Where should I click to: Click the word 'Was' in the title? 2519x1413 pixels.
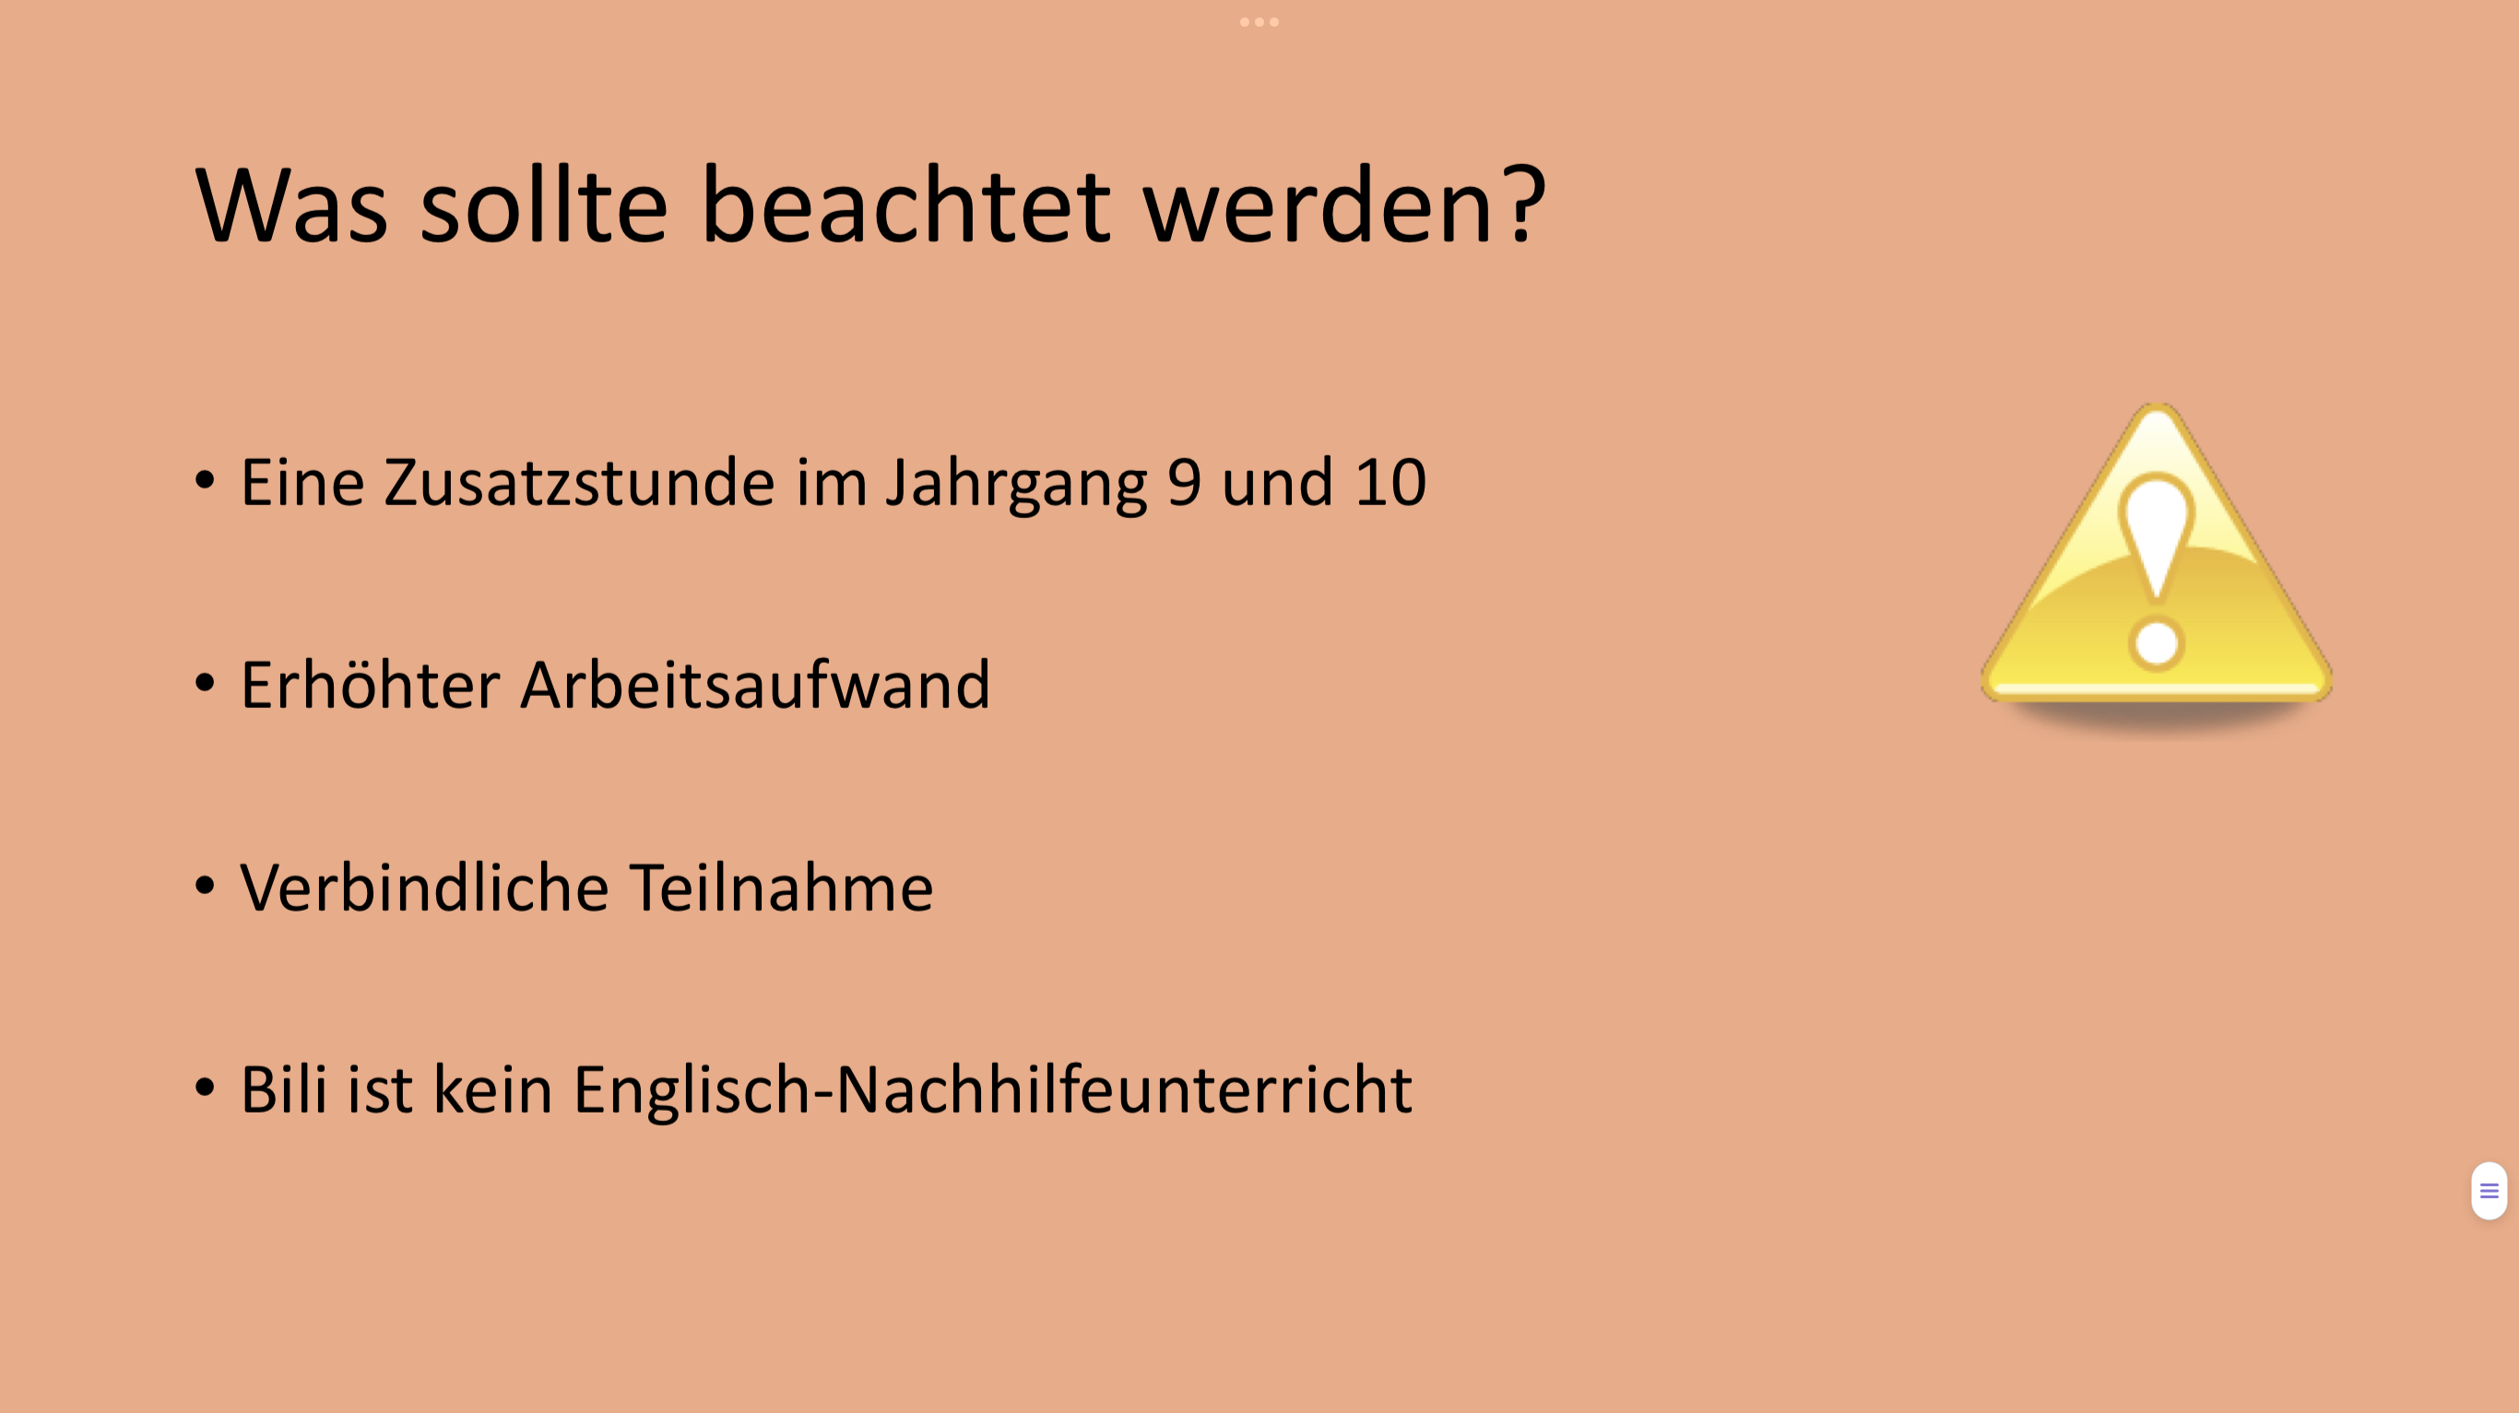(x=291, y=206)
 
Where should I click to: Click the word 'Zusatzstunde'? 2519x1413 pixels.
(x=580, y=482)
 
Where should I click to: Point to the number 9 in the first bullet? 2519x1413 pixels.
(x=1184, y=482)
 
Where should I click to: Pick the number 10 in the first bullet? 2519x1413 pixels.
(x=1390, y=482)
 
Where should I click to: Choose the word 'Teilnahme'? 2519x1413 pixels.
(x=781, y=886)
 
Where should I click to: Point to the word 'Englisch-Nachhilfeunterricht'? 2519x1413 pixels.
(x=992, y=1090)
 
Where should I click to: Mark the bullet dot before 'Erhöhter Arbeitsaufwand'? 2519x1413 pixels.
(x=205, y=683)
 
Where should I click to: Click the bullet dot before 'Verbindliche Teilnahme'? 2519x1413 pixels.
(x=205, y=885)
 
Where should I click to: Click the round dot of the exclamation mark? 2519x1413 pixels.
(x=2157, y=643)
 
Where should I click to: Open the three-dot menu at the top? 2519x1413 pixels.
(x=1259, y=21)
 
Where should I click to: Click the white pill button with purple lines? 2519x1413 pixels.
(x=2489, y=1191)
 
